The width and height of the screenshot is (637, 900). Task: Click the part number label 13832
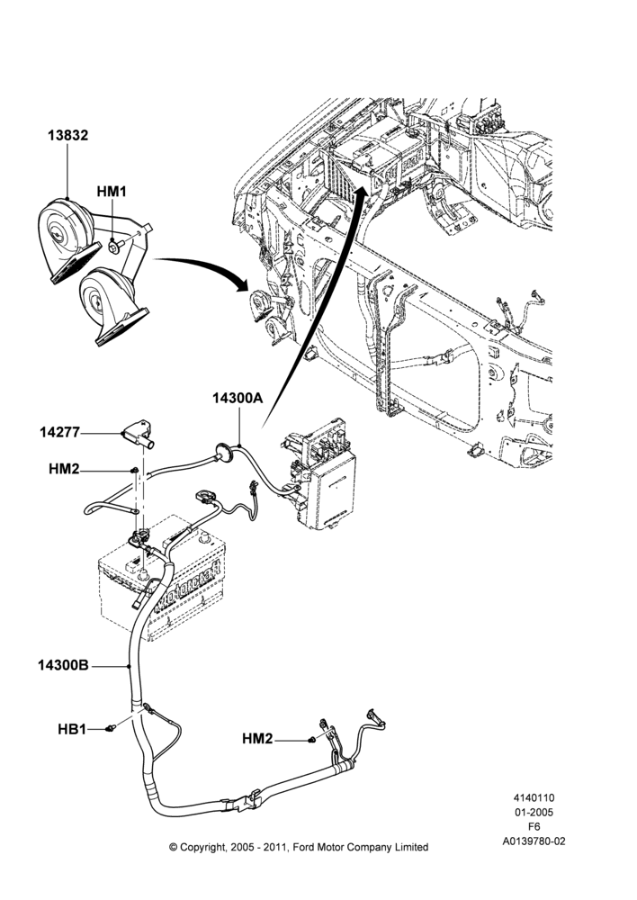[x=67, y=136]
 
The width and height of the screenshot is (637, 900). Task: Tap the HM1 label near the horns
[x=112, y=191]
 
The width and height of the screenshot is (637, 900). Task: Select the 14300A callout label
[x=238, y=398]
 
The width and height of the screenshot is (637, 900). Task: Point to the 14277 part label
[x=59, y=432]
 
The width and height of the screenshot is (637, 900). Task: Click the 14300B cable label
[x=63, y=665]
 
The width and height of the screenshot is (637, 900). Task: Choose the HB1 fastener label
[x=72, y=729]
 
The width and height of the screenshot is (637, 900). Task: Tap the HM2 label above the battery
[x=64, y=469]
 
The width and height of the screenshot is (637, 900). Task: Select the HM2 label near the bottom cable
[x=257, y=739]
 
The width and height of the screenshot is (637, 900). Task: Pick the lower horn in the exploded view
[x=112, y=307]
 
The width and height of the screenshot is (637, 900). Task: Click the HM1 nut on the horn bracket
[x=113, y=247]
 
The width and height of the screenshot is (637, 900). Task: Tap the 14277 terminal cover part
[x=138, y=435]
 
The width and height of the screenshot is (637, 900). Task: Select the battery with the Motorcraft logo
[x=161, y=580]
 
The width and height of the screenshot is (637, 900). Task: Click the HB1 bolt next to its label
[x=111, y=728]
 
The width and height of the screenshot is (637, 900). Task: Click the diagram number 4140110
[x=534, y=797]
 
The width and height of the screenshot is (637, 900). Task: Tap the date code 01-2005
[x=534, y=812]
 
